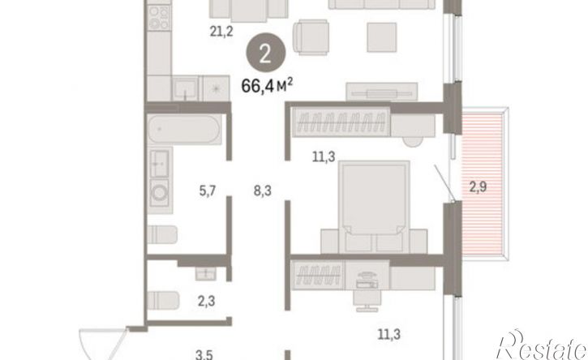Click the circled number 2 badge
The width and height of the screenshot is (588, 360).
(265, 54)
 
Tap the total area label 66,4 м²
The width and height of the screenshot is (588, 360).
(267, 86)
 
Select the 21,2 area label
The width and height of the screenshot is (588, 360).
(221, 32)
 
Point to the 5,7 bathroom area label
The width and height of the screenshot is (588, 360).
(208, 191)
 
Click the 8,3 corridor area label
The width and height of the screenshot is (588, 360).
(263, 191)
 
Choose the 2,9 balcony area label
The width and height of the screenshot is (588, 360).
(479, 186)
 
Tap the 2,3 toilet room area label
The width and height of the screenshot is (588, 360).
(206, 301)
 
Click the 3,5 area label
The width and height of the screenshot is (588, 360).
(204, 354)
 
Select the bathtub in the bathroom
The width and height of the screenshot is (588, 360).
(184, 130)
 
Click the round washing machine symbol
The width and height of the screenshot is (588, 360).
(160, 193)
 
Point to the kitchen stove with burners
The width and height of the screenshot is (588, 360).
(159, 17)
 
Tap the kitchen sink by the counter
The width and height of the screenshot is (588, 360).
(185, 88)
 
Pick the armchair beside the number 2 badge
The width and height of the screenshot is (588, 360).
(311, 37)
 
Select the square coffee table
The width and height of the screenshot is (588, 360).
(382, 37)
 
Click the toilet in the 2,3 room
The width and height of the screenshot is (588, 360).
(163, 300)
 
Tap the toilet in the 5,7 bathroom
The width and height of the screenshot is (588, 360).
(162, 234)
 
